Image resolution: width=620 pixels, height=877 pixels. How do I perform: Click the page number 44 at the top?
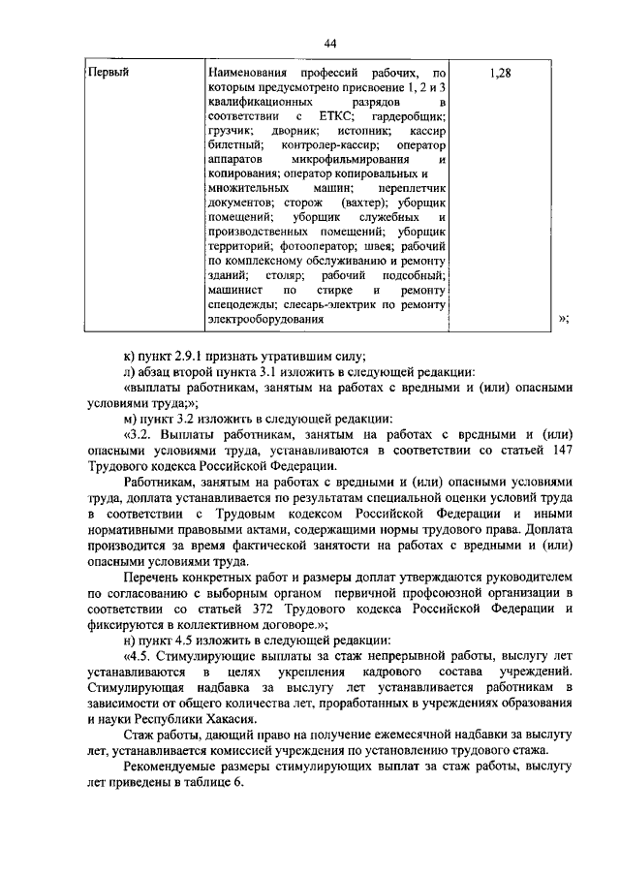coord(330,44)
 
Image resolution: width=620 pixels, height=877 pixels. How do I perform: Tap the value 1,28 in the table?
coord(501,73)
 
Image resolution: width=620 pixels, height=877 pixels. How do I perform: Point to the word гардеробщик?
coord(407,115)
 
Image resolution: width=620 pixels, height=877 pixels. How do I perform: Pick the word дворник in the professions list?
coord(288,130)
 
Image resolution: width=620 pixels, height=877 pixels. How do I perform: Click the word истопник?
coord(356,130)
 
